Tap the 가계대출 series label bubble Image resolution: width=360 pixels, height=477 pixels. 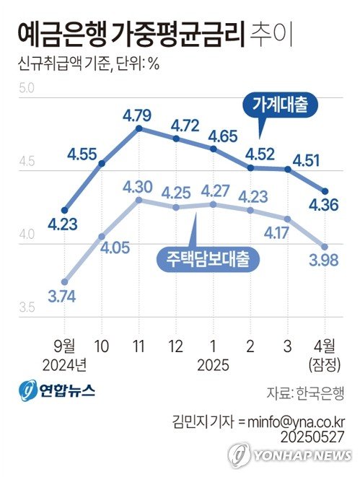pyautogui.click(x=280, y=105)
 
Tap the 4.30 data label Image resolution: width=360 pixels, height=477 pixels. pyautogui.click(x=137, y=187)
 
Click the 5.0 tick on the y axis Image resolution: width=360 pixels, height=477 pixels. pyautogui.click(x=26, y=89)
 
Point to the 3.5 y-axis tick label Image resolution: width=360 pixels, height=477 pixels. pyautogui.click(x=26, y=308)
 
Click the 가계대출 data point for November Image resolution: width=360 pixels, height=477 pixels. pyautogui.click(x=139, y=128)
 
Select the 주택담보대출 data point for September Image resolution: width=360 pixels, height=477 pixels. pyautogui.click(x=65, y=281)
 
